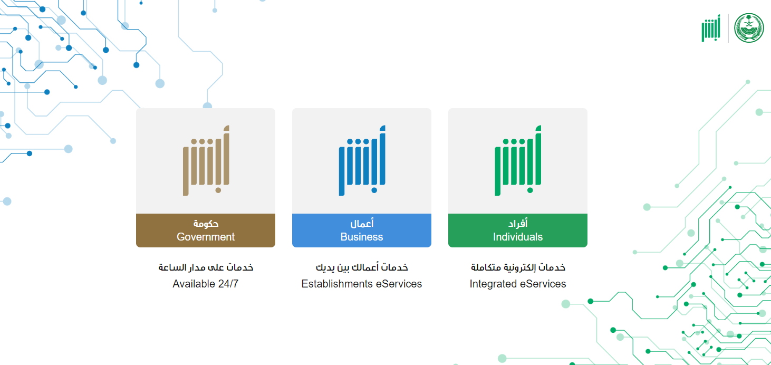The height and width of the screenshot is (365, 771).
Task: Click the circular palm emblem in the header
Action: (x=749, y=28)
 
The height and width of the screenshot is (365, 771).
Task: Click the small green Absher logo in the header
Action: (x=711, y=28)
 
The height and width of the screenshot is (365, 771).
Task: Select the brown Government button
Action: (x=206, y=230)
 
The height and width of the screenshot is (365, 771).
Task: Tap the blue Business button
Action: (x=362, y=230)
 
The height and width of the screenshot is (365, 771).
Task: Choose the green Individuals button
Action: (x=518, y=230)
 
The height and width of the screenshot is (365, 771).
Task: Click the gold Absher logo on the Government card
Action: (x=206, y=160)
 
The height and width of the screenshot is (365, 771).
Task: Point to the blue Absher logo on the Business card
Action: (x=362, y=160)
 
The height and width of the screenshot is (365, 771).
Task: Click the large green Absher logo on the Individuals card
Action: (x=518, y=160)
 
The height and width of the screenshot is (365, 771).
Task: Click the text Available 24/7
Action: (x=206, y=284)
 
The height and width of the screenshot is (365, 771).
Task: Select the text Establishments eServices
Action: (x=362, y=284)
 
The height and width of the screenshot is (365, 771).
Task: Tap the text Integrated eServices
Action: (x=518, y=284)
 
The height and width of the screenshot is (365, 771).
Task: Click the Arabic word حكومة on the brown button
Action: (x=206, y=224)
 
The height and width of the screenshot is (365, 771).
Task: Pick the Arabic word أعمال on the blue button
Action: (x=362, y=224)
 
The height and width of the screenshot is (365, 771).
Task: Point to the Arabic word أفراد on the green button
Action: (x=518, y=224)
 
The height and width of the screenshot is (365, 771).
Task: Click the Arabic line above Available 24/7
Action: (x=206, y=267)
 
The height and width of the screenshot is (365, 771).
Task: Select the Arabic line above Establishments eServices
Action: (x=362, y=267)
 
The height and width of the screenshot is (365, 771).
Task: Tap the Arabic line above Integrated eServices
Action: (x=518, y=267)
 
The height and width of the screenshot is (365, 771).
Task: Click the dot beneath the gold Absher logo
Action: (x=218, y=190)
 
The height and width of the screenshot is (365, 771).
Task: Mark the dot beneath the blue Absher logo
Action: (x=374, y=190)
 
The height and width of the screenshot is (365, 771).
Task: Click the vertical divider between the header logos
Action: (x=728, y=28)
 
